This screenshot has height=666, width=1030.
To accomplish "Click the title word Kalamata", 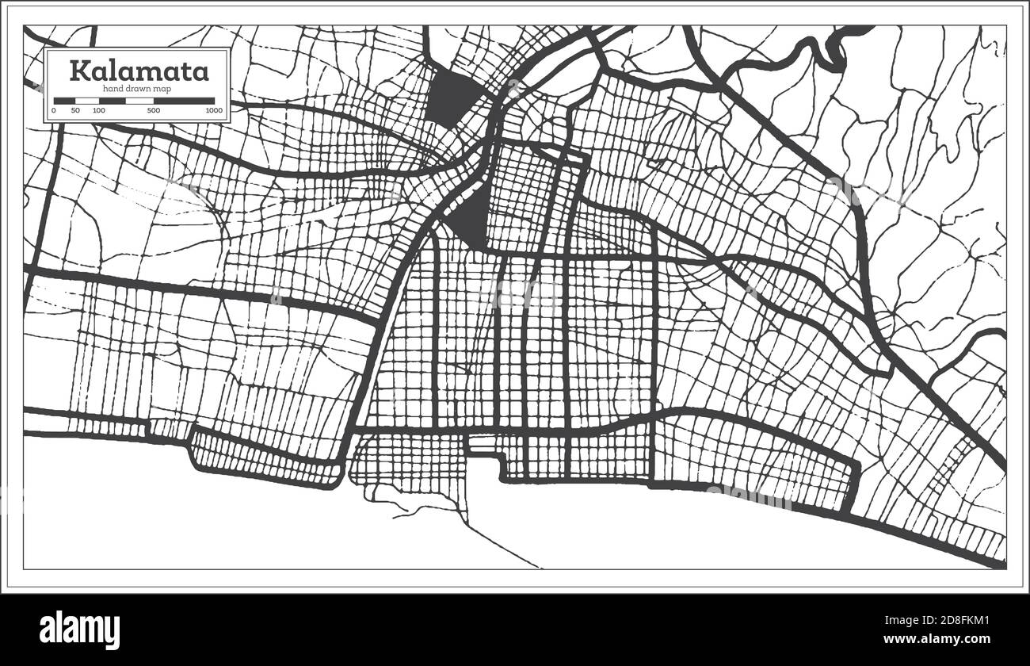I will click(139, 71).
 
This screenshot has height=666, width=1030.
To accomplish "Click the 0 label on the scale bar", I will click(53, 111).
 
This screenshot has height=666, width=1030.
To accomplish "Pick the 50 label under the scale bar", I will click(75, 111).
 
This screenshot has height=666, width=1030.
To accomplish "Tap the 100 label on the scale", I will click(98, 111).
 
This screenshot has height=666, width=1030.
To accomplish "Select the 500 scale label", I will click(154, 111).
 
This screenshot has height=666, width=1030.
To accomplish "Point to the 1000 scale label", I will click(212, 111).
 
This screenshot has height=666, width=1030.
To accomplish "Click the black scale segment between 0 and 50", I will click(64, 101).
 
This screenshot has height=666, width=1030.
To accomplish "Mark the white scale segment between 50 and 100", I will click(87, 101).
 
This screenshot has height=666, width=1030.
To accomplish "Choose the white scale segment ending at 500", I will click(127, 101).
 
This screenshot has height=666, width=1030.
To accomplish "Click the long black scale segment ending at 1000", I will click(185, 101).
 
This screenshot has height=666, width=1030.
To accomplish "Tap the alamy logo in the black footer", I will click(80, 630).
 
